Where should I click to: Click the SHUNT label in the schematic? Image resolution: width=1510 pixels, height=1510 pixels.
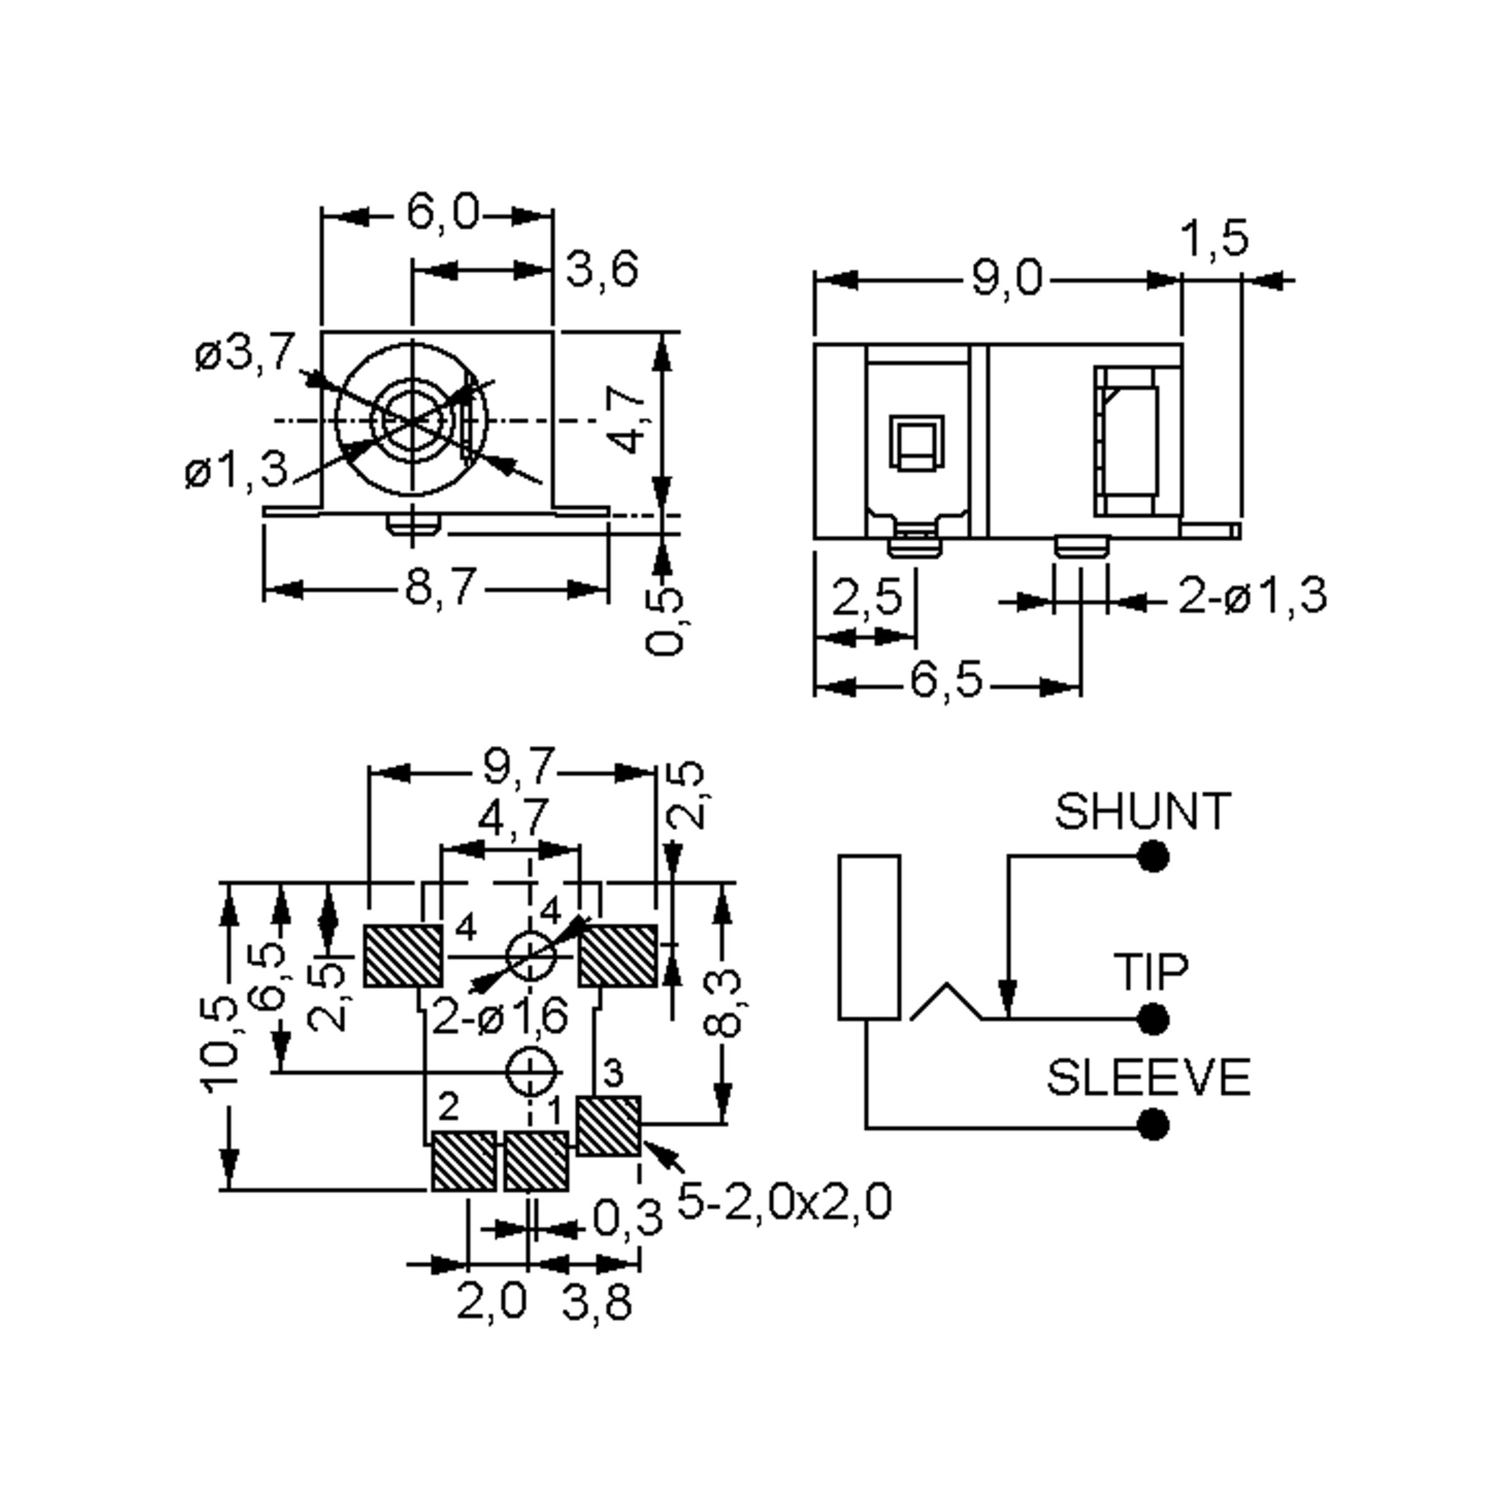(1142, 812)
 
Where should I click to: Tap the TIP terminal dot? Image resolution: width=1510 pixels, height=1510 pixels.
(1153, 1019)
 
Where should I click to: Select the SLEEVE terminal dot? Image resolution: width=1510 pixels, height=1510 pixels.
(1153, 1126)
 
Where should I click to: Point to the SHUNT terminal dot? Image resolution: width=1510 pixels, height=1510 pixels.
(1153, 856)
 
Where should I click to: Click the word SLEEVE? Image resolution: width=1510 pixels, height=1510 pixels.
(1148, 1078)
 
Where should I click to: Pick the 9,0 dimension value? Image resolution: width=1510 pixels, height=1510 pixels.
(1007, 279)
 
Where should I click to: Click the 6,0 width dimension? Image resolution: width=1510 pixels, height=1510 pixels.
(442, 213)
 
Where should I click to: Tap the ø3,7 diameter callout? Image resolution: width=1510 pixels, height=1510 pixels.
(245, 352)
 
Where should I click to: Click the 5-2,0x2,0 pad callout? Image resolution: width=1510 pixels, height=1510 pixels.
(784, 1201)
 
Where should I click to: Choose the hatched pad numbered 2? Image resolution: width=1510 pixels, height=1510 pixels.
(464, 1161)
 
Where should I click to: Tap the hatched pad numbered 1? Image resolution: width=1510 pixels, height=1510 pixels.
(535, 1161)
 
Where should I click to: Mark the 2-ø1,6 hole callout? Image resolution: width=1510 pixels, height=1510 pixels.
(500, 1017)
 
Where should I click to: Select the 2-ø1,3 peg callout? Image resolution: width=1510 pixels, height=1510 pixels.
(1252, 596)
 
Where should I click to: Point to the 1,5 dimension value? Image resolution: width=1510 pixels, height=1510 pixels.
(1214, 238)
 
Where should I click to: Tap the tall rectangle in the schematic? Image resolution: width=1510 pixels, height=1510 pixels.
(869, 937)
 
